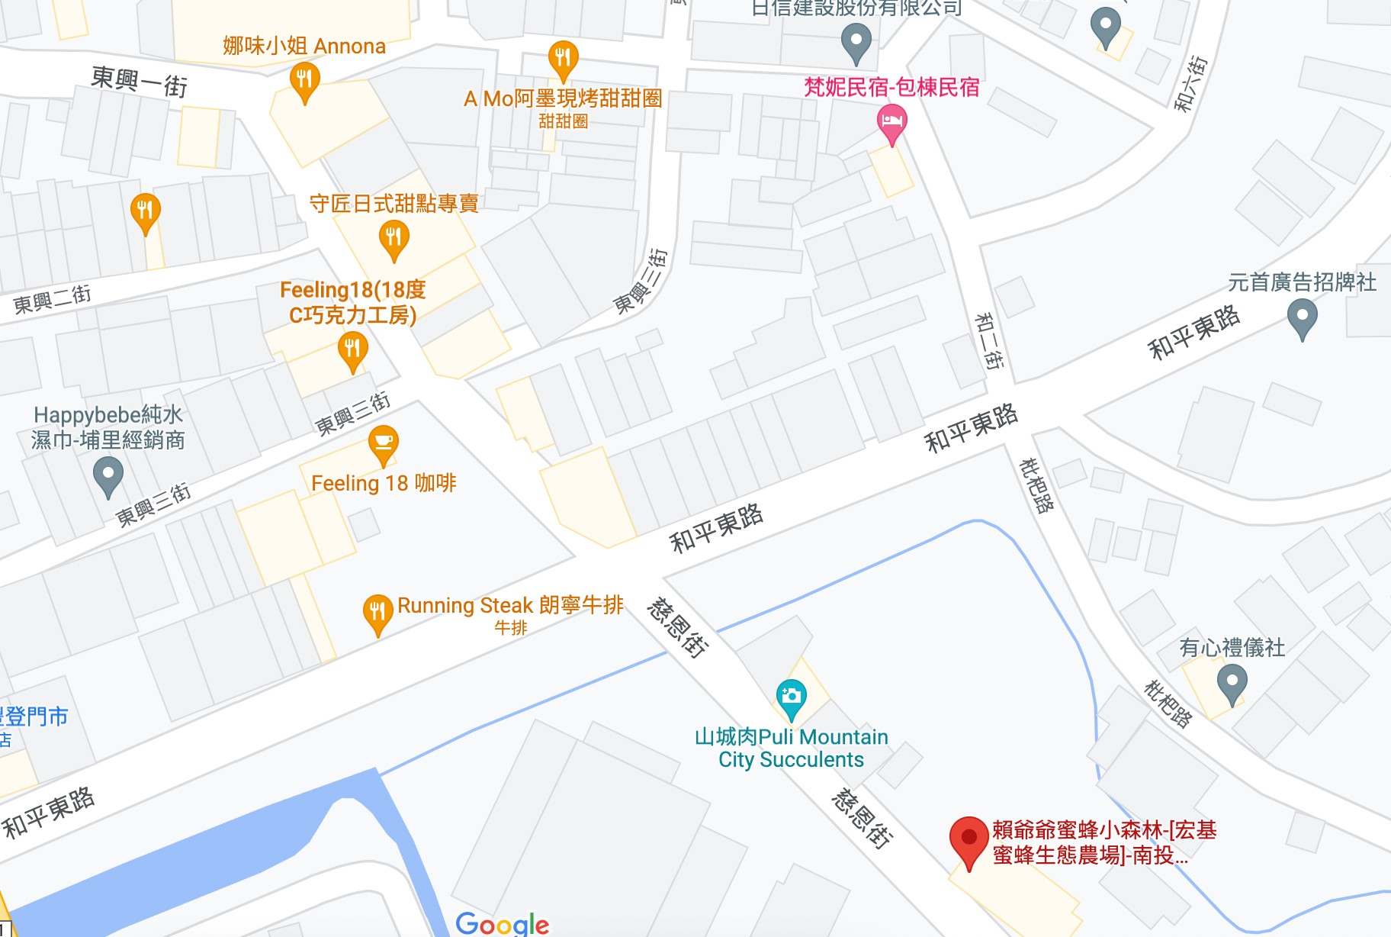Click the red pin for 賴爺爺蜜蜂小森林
[x=969, y=839]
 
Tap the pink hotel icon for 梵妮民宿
[x=891, y=122]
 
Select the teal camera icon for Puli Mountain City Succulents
[x=791, y=697]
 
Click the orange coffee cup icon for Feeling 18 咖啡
[x=383, y=443]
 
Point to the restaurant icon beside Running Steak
[x=377, y=612]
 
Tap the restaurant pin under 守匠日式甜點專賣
[x=394, y=238]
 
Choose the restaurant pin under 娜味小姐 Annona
[x=304, y=80]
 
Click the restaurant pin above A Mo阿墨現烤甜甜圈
[x=563, y=58]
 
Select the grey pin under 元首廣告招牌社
[x=1302, y=317]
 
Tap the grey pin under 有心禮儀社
[x=1232, y=682]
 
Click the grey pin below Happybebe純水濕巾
[x=108, y=475]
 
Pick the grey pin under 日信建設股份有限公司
[x=856, y=40]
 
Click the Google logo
[x=502, y=924]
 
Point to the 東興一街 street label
[x=139, y=81]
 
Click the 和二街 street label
[x=988, y=341]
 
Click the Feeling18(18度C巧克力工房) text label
[x=352, y=302]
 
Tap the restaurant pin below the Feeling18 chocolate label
[x=352, y=352]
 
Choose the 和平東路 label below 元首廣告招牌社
[x=1193, y=333]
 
